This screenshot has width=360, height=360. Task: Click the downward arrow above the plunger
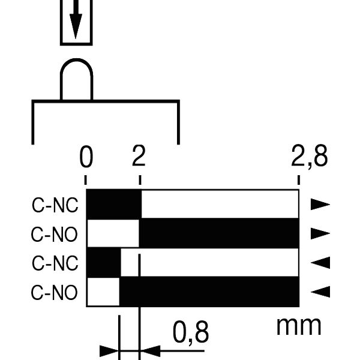click(76, 20)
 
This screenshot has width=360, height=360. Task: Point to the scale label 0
click(86, 157)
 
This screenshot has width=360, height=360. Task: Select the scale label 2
click(139, 156)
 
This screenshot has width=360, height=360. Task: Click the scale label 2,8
click(309, 157)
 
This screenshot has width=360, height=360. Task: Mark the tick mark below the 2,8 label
click(299, 180)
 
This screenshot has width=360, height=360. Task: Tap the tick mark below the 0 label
click(85, 180)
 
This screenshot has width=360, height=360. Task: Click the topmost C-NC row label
click(55, 205)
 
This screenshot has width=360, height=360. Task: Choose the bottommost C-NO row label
click(55, 293)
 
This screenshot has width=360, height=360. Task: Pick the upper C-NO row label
click(55, 235)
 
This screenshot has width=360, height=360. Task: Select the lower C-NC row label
click(55, 263)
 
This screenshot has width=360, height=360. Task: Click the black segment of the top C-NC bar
click(114, 204)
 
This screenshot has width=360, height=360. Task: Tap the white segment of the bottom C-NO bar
click(104, 292)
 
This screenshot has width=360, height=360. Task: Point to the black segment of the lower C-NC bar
click(104, 262)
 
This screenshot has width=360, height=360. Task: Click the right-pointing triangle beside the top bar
click(320, 205)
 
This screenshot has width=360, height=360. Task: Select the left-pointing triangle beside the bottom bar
click(320, 292)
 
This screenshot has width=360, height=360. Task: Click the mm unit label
click(299, 326)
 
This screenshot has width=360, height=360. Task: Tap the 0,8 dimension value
click(191, 332)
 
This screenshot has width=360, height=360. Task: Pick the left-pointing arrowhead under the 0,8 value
click(150, 351)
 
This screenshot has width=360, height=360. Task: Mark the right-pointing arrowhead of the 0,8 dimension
click(109, 351)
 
